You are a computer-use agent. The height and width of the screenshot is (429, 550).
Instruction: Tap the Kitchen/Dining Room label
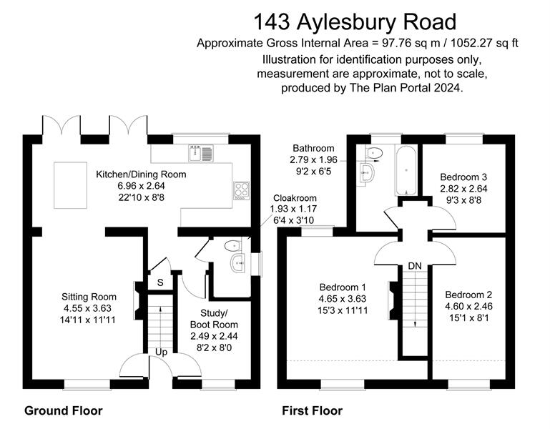tap(141, 174)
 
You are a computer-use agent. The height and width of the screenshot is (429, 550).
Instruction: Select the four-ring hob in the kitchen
tap(241, 190)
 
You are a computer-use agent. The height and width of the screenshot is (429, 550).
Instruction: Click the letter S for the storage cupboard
tap(160, 282)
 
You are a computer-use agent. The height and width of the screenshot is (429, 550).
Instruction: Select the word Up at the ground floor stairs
tap(162, 352)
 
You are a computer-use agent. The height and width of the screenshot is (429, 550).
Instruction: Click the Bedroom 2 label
tap(468, 295)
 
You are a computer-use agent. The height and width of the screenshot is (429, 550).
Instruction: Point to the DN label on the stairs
tap(414, 266)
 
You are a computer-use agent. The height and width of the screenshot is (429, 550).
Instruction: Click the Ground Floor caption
tap(64, 410)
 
